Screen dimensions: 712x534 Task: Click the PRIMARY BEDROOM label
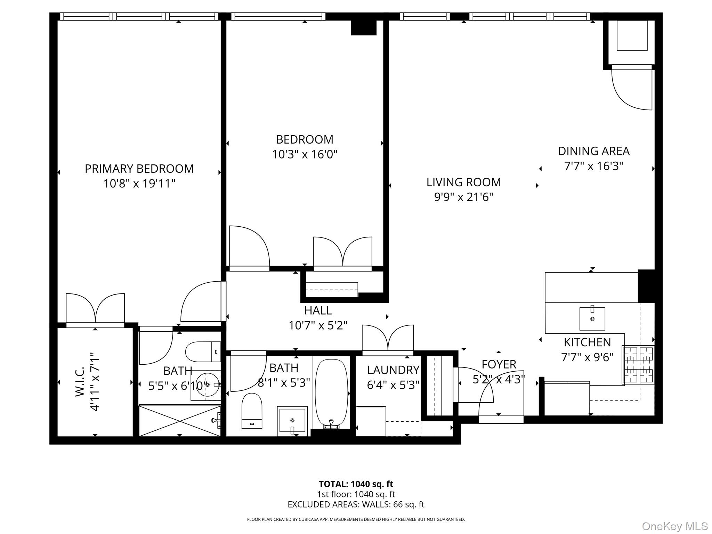pos(139,169)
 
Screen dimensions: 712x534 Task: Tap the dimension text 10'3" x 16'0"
pos(305,154)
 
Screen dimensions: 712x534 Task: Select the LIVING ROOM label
pos(463,182)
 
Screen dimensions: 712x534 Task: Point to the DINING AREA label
pos(593,151)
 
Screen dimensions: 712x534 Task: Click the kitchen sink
pos(592,318)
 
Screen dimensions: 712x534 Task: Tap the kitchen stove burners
pos(638,365)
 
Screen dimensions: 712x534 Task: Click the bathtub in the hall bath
pos(331,393)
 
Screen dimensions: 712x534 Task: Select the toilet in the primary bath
pos(203,352)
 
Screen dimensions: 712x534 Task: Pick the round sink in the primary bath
pos(206,385)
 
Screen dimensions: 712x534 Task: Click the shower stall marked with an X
pos(180,420)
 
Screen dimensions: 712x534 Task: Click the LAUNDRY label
pos(393,370)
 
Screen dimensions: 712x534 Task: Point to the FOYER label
pos(499,364)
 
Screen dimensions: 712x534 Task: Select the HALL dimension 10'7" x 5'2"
pos(318,325)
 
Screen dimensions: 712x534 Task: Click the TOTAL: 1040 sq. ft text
pos(356,484)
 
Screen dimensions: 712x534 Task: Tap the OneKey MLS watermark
pos(675,526)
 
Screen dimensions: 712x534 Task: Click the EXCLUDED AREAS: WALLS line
pos(356,504)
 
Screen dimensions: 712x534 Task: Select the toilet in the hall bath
pos(252,411)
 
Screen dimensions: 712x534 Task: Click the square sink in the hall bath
pos(292,421)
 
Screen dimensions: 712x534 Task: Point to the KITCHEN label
pos(587,342)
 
